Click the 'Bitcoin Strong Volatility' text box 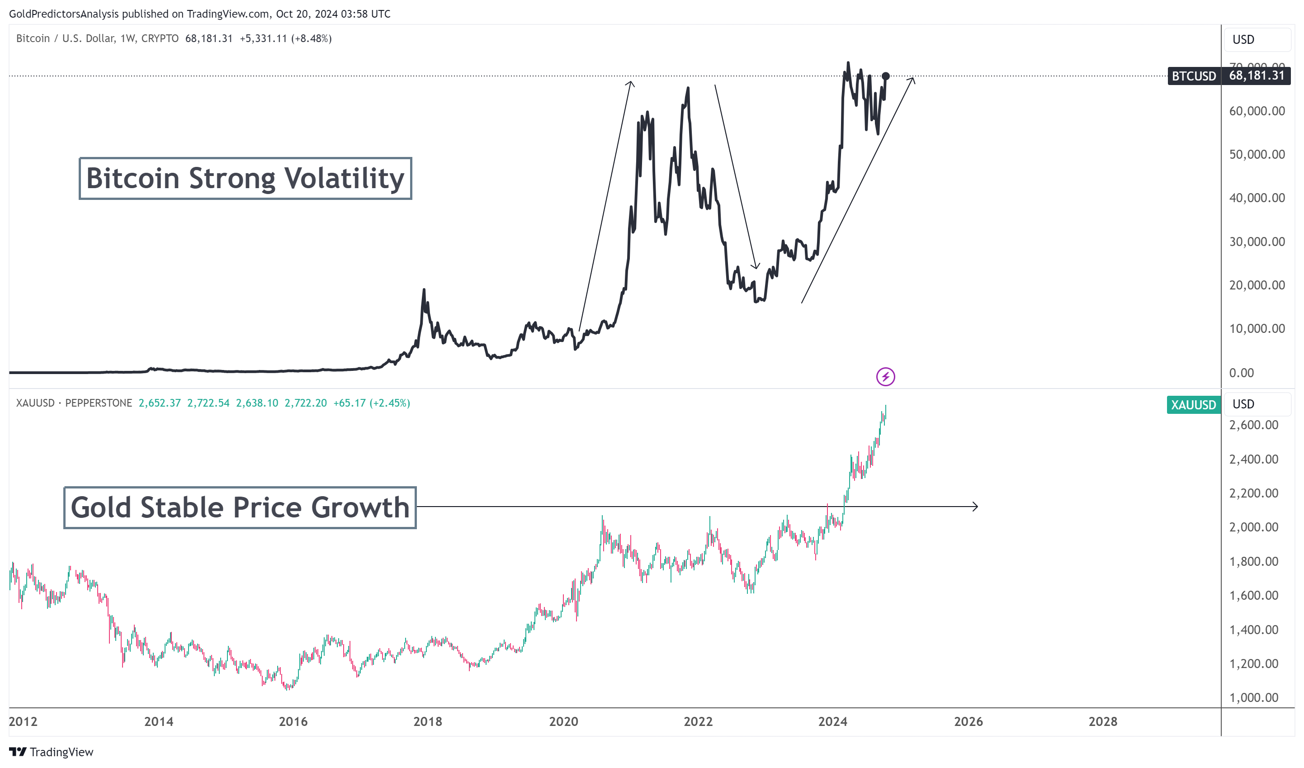coord(245,179)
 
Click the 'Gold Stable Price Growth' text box coord(240,507)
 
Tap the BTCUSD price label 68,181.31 coord(1257,76)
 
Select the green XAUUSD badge coord(1193,405)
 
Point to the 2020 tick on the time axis coord(563,721)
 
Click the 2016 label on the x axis coord(293,721)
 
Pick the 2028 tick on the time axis coord(1103,721)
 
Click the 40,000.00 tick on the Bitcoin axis coord(1257,198)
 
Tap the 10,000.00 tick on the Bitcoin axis coord(1257,329)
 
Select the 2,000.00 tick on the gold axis coord(1253,527)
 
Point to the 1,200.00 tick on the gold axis coord(1253,664)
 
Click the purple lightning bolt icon coord(885,377)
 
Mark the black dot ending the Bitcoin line coord(885,76)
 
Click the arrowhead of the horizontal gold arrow coord(976,507)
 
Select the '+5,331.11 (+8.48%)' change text coord(286,39)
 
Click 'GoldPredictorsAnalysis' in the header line coord(64,14)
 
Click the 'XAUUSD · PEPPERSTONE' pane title coord(74,403)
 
